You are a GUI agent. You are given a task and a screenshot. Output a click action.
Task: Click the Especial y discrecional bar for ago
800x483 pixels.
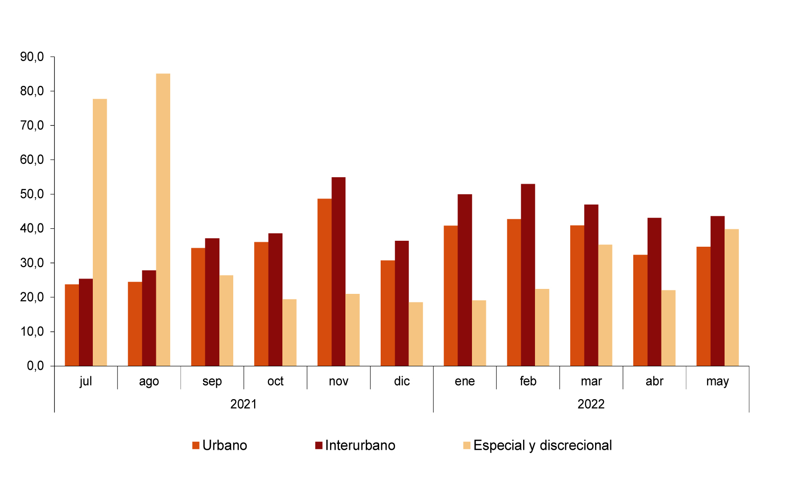(x=163, y=219)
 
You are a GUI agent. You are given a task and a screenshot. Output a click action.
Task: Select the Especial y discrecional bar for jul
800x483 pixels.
(x=100, y=232)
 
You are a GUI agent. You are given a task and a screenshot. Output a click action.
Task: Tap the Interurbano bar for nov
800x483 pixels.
(x=338, y=272)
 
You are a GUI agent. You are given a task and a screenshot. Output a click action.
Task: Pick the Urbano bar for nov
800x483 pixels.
(x=325, y=282)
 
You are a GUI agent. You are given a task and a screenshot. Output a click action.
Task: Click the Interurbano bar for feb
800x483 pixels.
(x=528, y=275)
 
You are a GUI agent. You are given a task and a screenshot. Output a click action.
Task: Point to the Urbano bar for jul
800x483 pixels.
(x=72, y=325)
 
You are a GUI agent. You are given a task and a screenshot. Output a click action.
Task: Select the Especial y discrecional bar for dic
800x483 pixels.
(x=416, y=334)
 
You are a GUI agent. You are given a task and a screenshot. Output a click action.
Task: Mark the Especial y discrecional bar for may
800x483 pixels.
(x=732, y=297)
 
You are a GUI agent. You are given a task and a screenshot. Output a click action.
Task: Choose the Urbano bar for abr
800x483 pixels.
(x=640, y=310)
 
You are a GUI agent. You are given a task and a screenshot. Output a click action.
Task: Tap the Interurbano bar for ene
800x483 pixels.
(x=465, y=280)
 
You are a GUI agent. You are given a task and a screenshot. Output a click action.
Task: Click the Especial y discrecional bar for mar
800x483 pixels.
(x=605, y=305)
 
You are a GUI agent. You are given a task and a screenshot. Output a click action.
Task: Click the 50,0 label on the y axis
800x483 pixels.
(x=32, y=194)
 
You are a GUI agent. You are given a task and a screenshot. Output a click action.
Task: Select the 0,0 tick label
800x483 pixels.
(x=35, y=366)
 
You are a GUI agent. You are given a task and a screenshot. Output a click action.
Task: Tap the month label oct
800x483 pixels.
(x=275, y=381)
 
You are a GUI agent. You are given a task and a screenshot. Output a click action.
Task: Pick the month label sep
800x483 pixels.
(x=212, y=381)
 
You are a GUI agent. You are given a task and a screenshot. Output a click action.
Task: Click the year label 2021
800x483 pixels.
(x=244, y=404)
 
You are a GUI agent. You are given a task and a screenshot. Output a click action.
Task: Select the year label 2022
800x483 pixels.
(x=591, y=404)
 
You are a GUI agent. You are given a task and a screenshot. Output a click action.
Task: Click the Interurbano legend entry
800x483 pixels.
(x=355, y=445)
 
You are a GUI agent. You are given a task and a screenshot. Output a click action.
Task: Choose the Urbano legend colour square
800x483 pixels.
(x=196, y=445)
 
